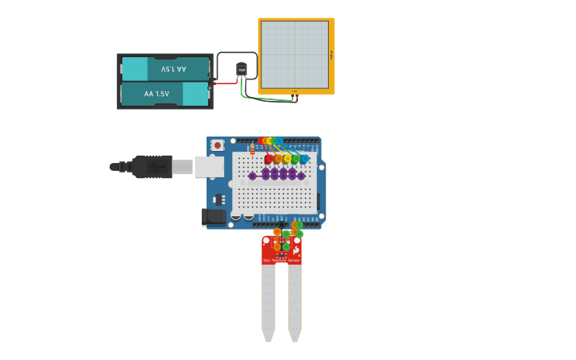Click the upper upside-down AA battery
[x=165, y=69]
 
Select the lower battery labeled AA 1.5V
[x=165, y=94]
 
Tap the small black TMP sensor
[x=242, y=69]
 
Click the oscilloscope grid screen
[x=295, y=55]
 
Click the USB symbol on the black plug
[x=157, y=167]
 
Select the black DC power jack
[x=214, y=216]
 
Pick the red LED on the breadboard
[x=269, y=159]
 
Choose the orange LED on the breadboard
[x=278, y=159]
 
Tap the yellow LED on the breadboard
[x=287, y=159]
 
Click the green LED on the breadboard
[x=296, y=159]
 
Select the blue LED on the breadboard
[x=304, y=159]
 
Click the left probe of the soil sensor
[x=269, y=302]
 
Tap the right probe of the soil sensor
[x=295, y=302]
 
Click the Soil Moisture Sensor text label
[x=281, y=260]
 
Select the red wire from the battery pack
[x=226, y=83]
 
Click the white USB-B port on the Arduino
[x=209, y=167]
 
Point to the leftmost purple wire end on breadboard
[x=253, y=176]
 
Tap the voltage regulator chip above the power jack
[x=218, y=199]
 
